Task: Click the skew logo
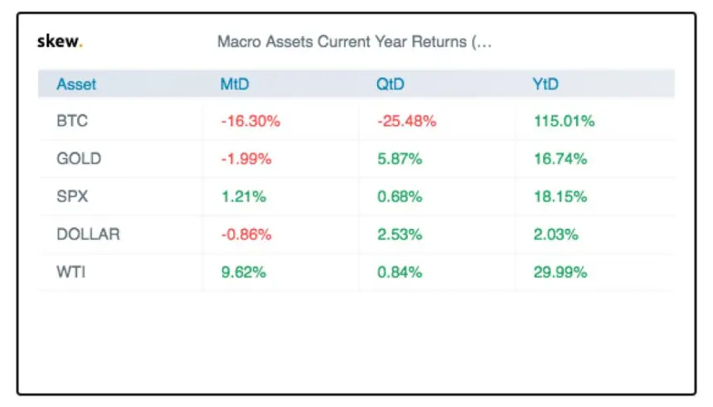click(60, 41)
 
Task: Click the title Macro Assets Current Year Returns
click(354, 41)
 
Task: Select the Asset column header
click(76, 84)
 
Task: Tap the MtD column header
click(235, 84)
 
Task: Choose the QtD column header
click(390, 84)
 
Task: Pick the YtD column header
click(546, 84)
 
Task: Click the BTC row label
click(72, 121)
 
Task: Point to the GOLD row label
click(79, 158)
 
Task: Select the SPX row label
click(72, 196)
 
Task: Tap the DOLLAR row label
click(88, 234)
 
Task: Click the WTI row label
click(70, 272)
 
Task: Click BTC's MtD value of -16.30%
click(250, 121)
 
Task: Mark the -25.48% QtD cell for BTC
click(407, 121)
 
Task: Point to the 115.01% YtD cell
click(564, 121)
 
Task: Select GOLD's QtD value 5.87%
click(400, 158)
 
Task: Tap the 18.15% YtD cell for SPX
click(560, 196)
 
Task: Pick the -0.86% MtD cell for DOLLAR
click(246, 234)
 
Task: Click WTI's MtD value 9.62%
click(243, 272)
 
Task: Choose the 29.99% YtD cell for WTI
click(560, 272)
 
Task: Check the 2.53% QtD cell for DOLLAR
click(400, 234)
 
